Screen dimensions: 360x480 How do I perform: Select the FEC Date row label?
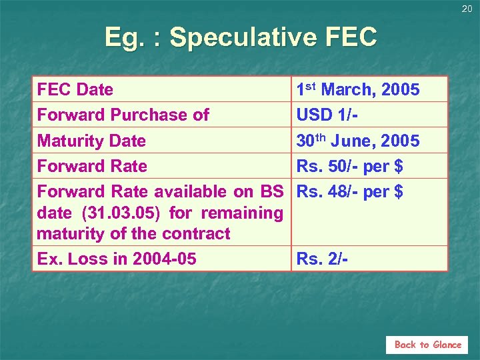pos(75,89)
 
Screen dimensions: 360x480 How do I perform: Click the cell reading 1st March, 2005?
pos(358,89)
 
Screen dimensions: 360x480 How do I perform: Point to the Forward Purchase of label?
pos(123,115)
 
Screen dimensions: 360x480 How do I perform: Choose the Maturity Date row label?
pos(91,141)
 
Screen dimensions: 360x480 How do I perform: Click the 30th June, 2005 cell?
pos(358,141)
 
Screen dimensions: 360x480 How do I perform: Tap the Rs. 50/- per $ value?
pos(349,166)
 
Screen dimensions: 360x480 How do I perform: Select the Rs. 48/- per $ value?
pos(349,191)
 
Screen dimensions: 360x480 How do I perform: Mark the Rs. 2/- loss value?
pos(321,259)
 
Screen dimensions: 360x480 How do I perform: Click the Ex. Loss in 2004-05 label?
pos(117,259)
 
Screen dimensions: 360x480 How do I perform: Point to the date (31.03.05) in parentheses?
pos(123,213)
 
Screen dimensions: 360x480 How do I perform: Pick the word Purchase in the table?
pos(153,115)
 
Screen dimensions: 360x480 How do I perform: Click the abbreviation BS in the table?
pos(272,191)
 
